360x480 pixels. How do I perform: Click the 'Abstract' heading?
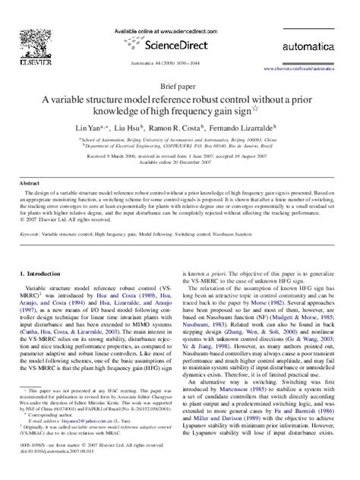tap(30, 184)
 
